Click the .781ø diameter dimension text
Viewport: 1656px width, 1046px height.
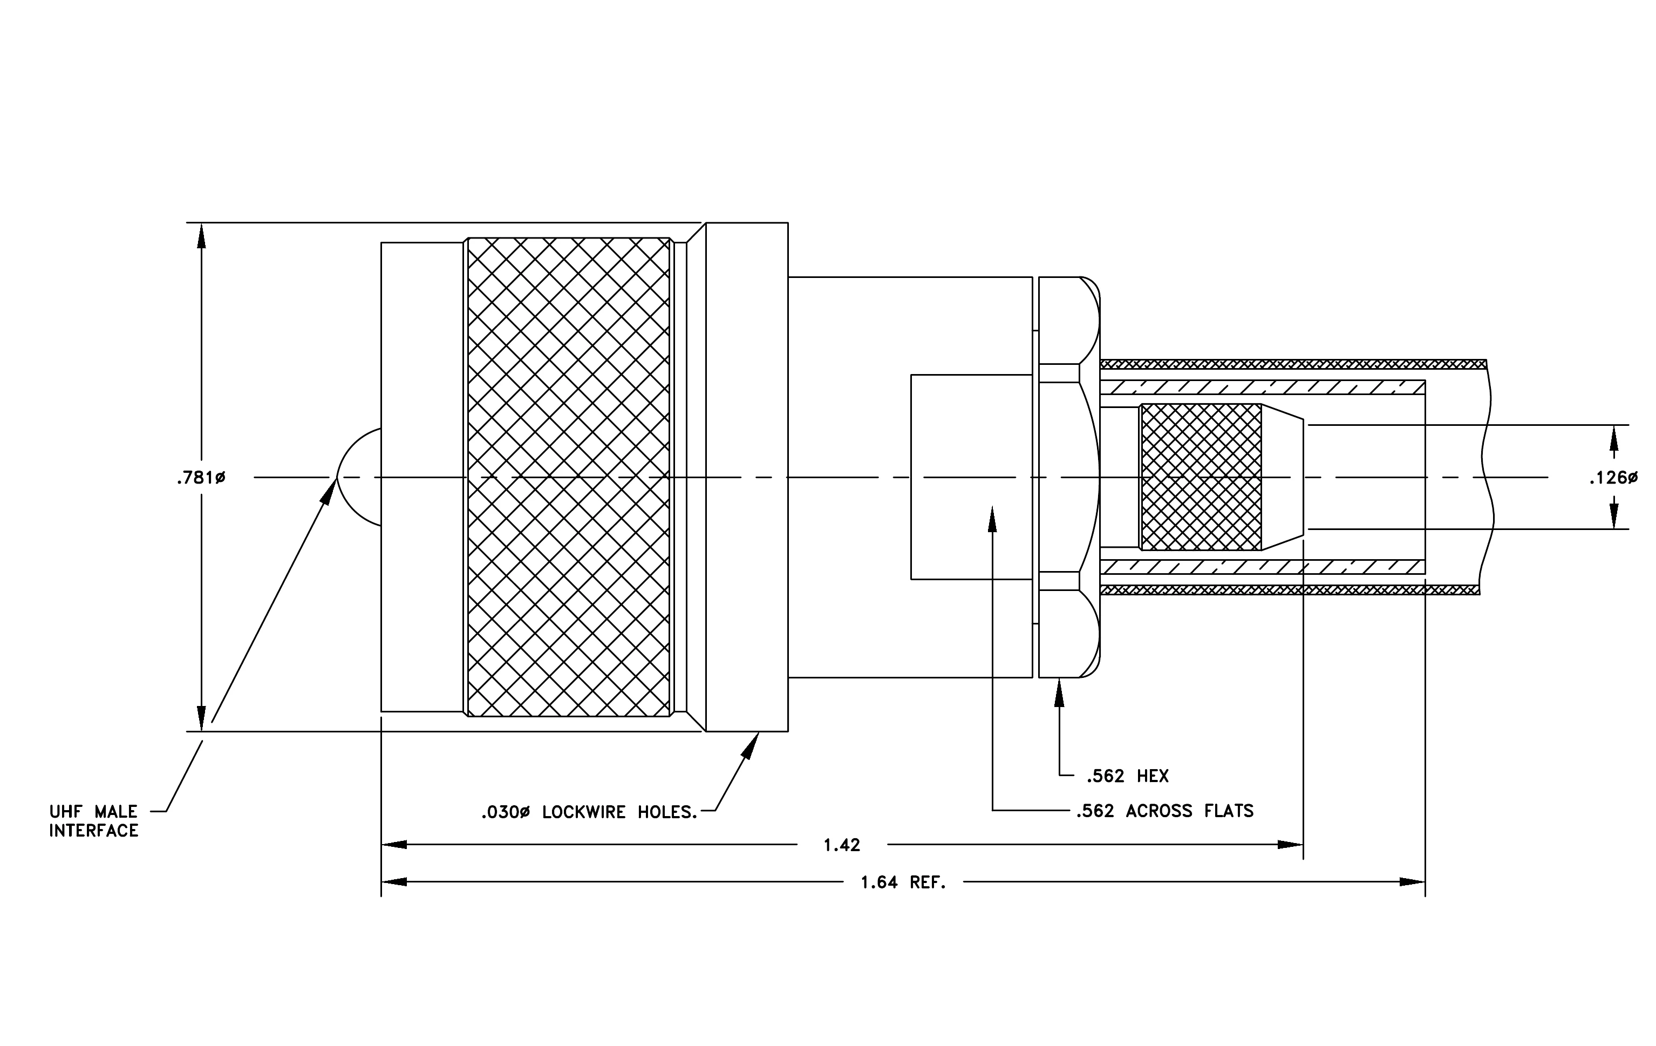pos(201,477)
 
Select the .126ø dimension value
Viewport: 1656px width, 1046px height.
pos(1613,477)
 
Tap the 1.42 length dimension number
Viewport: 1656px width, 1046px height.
pos(842,845)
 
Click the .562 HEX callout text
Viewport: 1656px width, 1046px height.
pos(1128,777)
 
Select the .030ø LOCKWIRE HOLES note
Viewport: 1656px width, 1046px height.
pos(589,812)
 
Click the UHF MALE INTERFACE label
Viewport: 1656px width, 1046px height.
pos(93,821)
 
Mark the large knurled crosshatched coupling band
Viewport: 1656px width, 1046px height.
pos(569,477)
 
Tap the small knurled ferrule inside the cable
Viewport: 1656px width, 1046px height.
pos(1201,477)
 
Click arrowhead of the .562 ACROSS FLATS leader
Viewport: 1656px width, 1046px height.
pos(992,519)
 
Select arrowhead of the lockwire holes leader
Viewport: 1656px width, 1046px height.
pos(751,745)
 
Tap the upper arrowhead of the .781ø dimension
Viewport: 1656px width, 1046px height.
pos(201,236)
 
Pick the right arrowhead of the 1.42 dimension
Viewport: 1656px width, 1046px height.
pos(1290,845)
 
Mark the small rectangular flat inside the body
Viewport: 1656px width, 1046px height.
pos(972,477)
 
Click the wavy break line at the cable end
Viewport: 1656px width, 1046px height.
pos(1485,477)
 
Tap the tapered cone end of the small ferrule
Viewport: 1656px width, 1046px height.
pos(1283,477)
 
